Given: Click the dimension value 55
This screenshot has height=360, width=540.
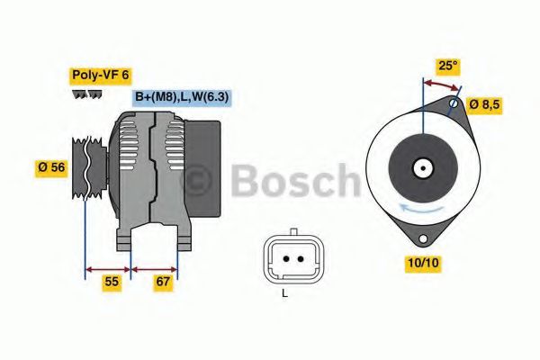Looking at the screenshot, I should pyautogui.click(x=110, y=282).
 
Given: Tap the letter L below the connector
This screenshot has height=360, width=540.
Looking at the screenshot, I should pyautogui.click(x=284, y=293).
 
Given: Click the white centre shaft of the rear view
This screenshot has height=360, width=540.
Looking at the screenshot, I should pyautogui.click(x=421, y=167).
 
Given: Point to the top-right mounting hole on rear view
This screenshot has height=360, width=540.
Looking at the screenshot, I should pyautogui.click(x=454, y=104).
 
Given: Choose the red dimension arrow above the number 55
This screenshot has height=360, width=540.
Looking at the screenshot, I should pyautogui.click(x=108, y=267).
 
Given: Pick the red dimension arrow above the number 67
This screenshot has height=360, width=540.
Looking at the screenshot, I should pyautogui.click(x=154, y=267).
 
